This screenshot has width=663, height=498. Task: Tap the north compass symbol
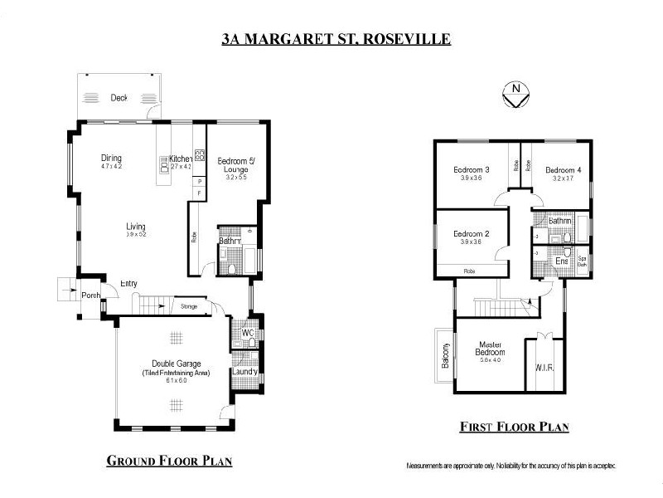click(516, 94)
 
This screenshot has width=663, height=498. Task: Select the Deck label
click(119, 98)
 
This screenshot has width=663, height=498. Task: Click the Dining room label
click(111, 158)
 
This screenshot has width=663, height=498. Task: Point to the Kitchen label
click(181, 158)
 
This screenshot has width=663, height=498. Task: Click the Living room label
click(136, 227)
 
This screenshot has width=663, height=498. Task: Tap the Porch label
click(90, 295)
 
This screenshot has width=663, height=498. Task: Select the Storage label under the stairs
click(189, 307)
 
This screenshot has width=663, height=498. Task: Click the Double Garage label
click(175, 364)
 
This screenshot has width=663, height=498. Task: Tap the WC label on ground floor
click(247, 334)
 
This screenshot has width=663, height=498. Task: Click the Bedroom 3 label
click(471, 170)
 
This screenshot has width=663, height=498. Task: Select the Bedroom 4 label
click(563, 170)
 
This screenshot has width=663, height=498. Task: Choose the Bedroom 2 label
click(471, 234)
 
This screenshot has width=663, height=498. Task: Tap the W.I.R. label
click(544, 366)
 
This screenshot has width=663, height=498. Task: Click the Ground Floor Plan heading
click(168, 461)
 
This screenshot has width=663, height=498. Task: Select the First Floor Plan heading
click(515, 427)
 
